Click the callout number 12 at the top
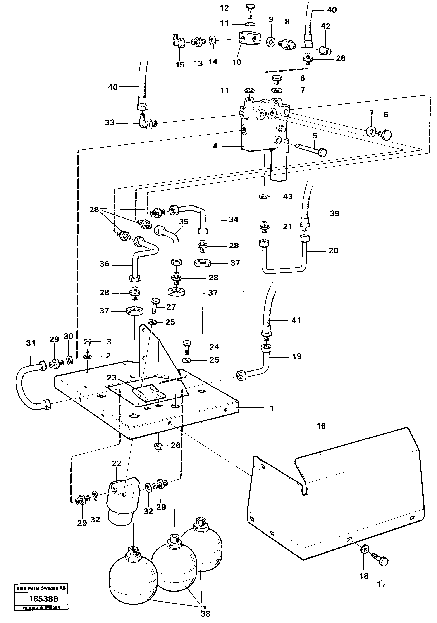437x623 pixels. [224, 8]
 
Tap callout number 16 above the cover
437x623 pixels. [321, 426]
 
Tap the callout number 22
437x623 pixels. [117, 463]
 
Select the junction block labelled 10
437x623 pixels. [249, 38]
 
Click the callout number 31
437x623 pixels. [31, 343]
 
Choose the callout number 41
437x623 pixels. [296, 320]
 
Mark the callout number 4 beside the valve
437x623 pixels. [215, 146]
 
